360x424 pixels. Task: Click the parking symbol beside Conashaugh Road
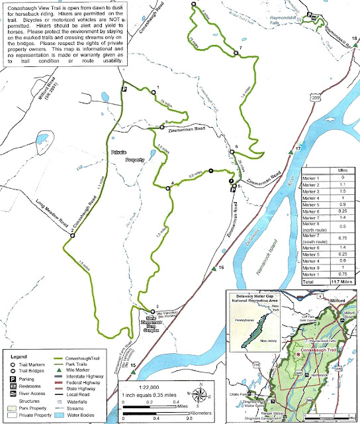123,88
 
